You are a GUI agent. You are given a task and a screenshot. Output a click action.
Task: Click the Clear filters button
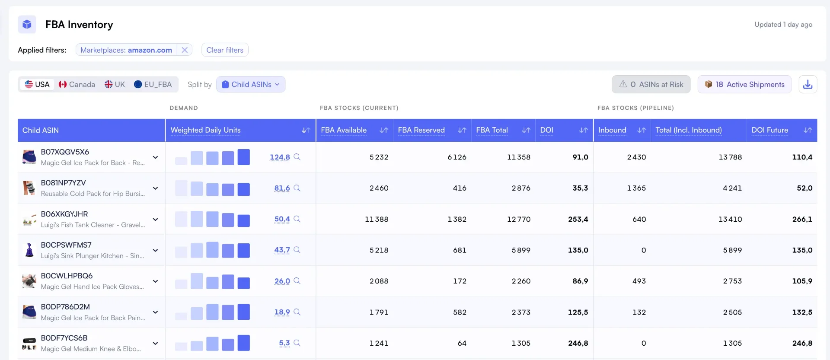click(225, 50)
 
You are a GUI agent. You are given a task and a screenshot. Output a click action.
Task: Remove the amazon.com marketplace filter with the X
click(185, 50)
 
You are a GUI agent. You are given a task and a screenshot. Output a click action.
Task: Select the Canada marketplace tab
click(77, 84)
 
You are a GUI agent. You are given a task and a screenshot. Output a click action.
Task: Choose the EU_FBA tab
click(153, 84)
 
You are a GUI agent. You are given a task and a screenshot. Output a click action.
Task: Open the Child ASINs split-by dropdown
click(251, 84)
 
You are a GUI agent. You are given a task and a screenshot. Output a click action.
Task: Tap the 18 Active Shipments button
click(744, 84)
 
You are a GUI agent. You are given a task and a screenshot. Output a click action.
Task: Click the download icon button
click(808, 84)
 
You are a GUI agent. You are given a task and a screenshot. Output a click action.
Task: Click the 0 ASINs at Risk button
click(651, 84)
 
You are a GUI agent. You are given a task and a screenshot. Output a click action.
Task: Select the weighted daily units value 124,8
click(280, 157)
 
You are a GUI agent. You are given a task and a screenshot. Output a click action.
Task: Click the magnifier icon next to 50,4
click(297, 219)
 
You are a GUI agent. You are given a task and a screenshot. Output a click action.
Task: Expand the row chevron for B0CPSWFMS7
click(155, 250)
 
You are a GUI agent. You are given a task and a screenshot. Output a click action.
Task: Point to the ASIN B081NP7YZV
click(64, 183)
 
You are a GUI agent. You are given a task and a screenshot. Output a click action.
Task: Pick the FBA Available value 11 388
click(377, 219)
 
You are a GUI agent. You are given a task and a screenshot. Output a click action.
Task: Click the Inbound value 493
click(639, 281)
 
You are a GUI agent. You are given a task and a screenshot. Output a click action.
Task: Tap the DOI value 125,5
click(578, 312)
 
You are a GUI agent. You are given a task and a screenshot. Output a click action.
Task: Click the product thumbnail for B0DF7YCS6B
click(29, 343)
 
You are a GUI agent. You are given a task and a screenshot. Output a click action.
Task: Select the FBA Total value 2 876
click(521, 188)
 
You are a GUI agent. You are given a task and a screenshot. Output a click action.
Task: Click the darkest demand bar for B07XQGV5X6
click(244, 157)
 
